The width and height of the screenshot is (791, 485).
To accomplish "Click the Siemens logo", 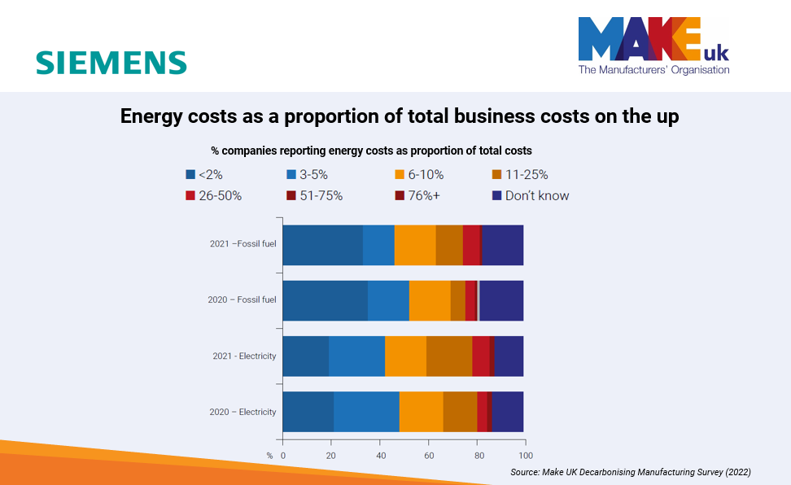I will click(x=111, y=63).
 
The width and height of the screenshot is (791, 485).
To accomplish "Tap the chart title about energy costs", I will click(x=400, y=116).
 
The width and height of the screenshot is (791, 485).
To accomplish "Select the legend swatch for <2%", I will click(x=190, y=174).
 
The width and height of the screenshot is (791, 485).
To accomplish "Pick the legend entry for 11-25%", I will click(x=520, y=174).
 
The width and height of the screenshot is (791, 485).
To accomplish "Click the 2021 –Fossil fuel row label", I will click(x=242, y=244).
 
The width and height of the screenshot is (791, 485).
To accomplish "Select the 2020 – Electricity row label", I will click(x=242, y=412).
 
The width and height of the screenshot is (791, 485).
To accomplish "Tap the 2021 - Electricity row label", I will click(x=244, y=356).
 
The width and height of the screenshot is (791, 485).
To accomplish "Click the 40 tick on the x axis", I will click(x=381, y=455).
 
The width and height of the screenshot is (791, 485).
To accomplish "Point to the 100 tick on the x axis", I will click(x=527, y=455).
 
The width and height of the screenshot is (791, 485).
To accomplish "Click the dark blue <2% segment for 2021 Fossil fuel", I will click(x=322, y=244).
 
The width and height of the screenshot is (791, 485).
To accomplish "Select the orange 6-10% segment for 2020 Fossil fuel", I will click(x=430, y=300).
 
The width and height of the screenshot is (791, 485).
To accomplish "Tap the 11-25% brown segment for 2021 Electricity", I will click(x=449, y=356).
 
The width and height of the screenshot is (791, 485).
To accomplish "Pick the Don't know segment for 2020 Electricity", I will click(x=507, y=412).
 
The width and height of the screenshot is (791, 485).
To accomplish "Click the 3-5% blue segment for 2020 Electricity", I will click(x=366, y=412).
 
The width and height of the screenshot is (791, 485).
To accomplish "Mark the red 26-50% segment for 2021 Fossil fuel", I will click(x=471, y=244).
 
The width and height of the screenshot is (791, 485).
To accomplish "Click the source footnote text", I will click(x=631, y=472).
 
